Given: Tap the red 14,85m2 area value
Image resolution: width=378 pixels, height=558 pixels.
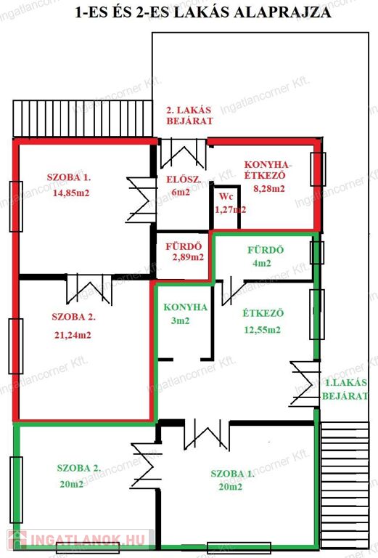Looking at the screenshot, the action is point(71,193).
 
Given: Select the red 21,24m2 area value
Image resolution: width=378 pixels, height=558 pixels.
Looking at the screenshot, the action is point(73,335).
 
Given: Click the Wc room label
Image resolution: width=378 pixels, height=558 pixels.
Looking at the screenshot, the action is point(226,196).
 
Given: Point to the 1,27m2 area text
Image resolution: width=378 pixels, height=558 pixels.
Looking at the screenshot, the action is point(231,209).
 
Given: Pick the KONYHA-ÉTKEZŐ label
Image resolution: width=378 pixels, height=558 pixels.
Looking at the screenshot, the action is point(268,170).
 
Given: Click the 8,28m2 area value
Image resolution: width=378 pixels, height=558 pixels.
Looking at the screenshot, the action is point(269,188).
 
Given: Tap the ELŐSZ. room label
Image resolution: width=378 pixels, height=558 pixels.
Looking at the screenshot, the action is point(184,179).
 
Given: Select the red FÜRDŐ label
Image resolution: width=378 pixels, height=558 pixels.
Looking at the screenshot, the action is point(184,246).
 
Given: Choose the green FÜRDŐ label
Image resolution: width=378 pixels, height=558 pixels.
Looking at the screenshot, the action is point(266,250).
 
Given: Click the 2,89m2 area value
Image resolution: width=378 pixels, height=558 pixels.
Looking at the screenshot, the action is point(189,257).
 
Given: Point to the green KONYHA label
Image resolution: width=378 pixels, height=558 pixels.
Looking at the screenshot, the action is point(185,307).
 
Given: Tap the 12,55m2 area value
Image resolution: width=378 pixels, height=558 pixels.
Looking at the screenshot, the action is point(262,330).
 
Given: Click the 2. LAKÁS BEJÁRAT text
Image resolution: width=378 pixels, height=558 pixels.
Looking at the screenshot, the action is point(189,116).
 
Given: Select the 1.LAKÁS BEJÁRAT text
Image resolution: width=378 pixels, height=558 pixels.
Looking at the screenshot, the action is point(345,389).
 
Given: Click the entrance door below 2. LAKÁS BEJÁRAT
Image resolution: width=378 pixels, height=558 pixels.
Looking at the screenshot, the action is point(183,154).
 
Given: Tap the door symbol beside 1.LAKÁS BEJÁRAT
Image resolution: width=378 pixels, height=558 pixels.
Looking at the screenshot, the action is point(305,384).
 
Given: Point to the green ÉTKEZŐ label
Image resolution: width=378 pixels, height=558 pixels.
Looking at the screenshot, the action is point(263,313).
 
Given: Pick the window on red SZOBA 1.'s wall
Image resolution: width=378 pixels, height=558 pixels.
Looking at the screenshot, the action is point(16,206).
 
